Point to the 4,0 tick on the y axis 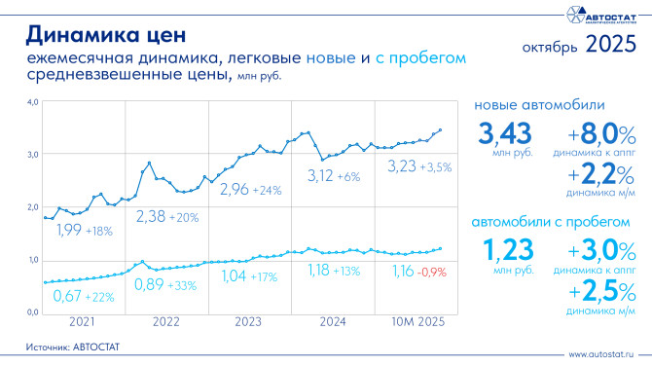tap(31, 101)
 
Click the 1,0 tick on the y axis tap(31, 260)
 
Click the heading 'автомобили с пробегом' tap(550, 222)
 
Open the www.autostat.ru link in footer tap(604, 354)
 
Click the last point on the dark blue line tap(440, 129)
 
